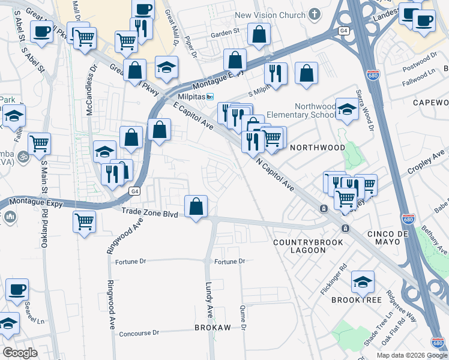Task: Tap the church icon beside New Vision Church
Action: pyautogui.click(x=315, y=15)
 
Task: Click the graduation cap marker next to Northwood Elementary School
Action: pyautogui.click(x=347, y=109)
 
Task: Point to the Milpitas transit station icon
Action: pyautogui.click(x=210, y=97)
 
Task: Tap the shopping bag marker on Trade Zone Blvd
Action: pyautogui.click(x=196, y=206)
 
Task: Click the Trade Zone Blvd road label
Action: pyautogui.click(x=149, y=212)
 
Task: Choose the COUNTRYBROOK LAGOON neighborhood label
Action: pyautogui.click(x=308, y=246)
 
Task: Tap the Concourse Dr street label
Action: pyautogui.click(x=139, y=333)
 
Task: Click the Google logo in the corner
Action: pyautogui.click(x=20, y=353)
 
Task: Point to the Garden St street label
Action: pyautogui.click(x=228, y=30)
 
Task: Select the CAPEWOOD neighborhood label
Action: pyautogui.click(x=430, y=103)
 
